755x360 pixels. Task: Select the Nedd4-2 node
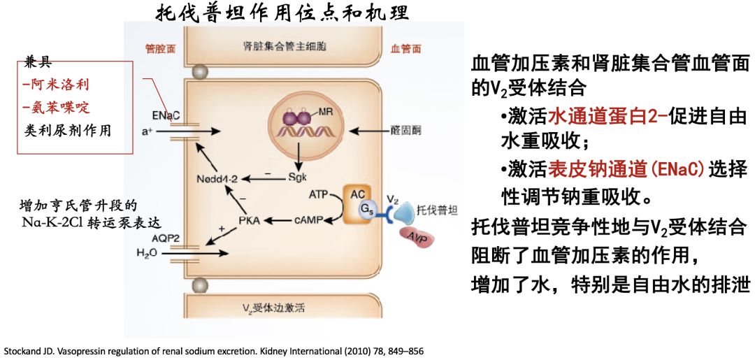(217, 179)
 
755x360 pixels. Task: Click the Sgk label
(298, 178)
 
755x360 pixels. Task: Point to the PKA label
(249, 221)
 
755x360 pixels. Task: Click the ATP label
(319, 194)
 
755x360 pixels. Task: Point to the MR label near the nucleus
(325, 112)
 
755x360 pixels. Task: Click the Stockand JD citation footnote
(214, 350)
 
